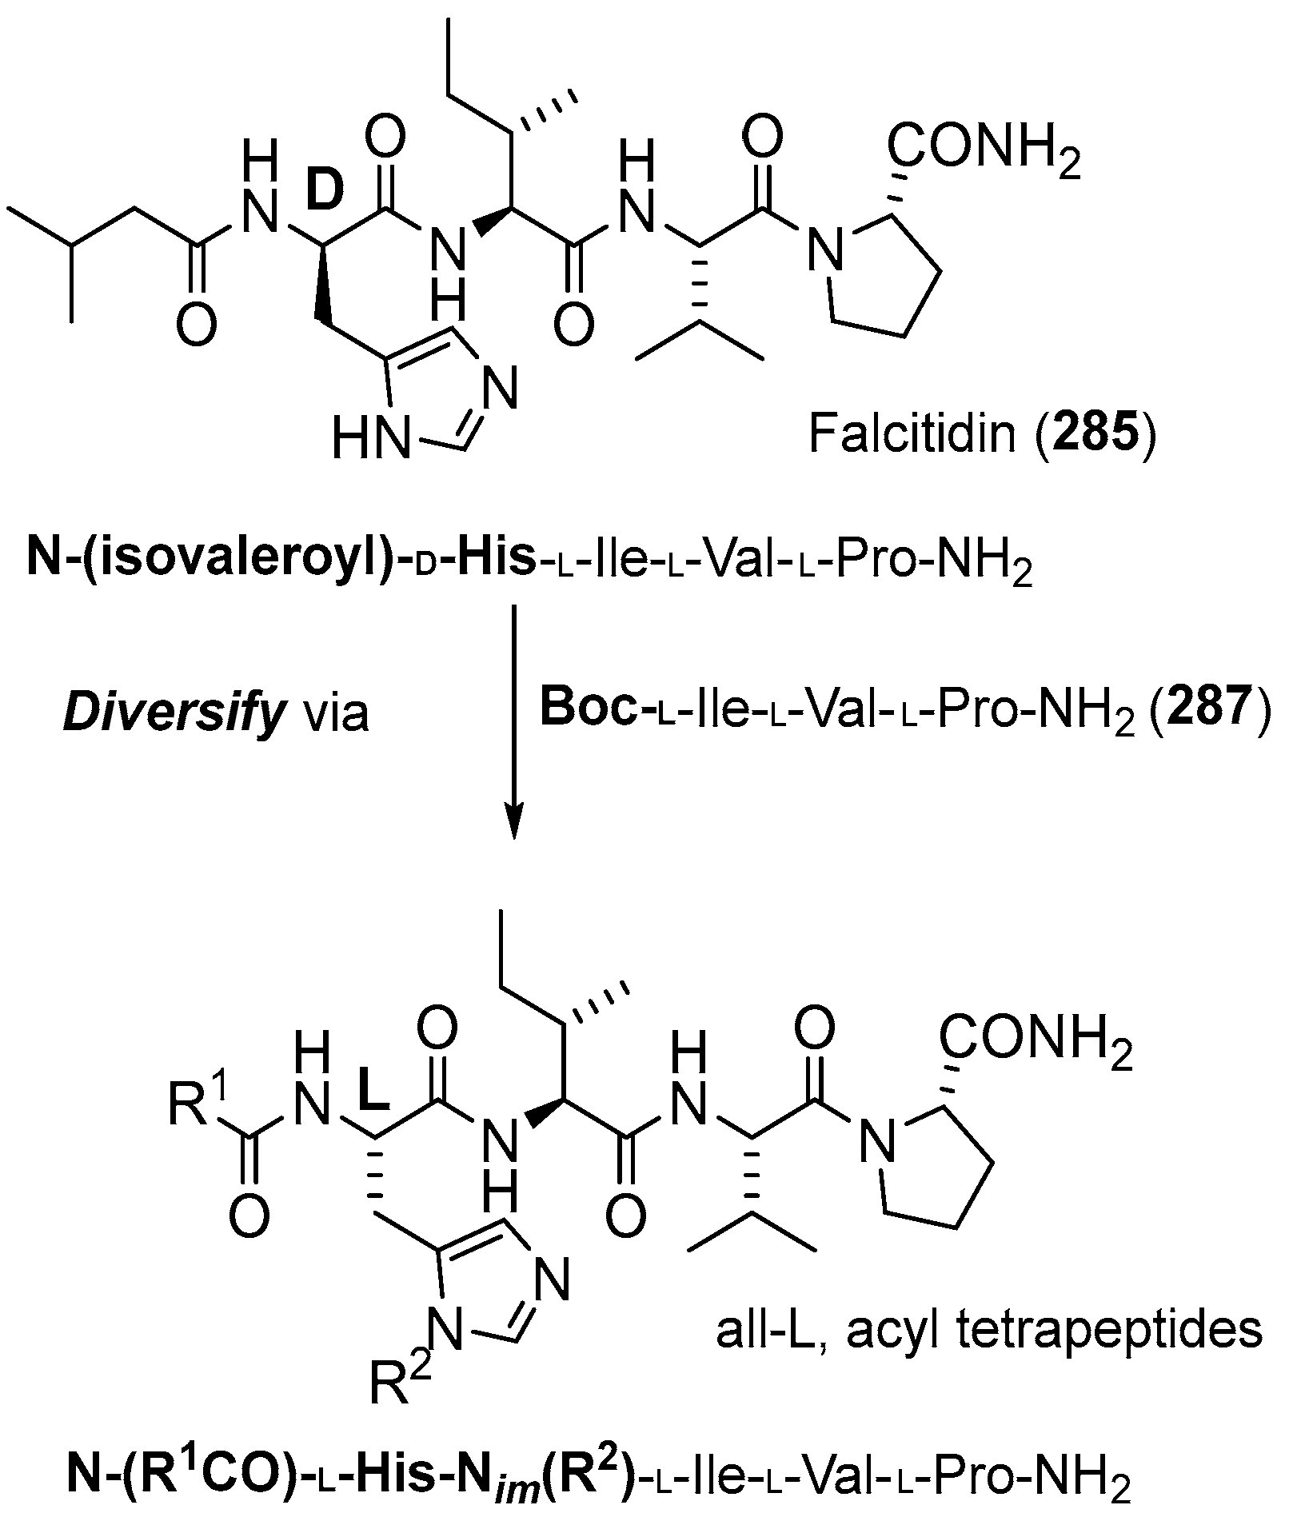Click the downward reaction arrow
click(513, 720)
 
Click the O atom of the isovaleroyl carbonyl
click(195, 329)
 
